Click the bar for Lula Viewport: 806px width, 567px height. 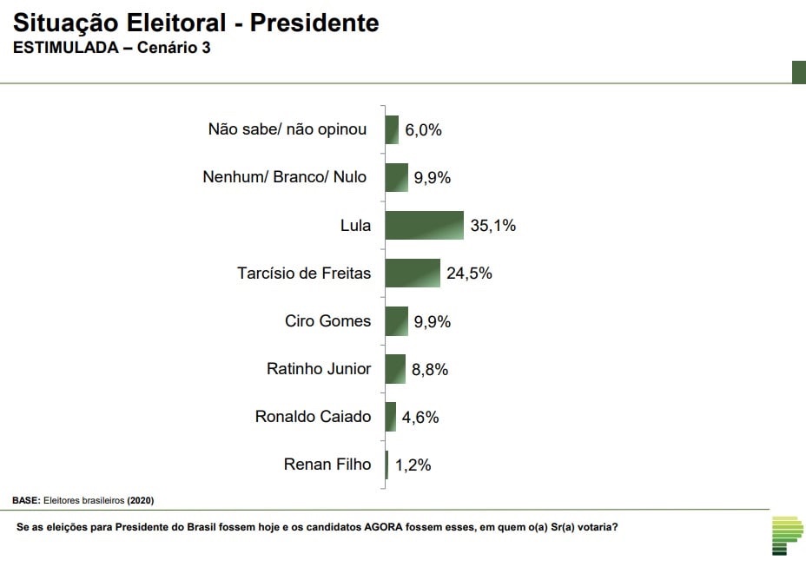pyautogui.click(x=425, y=225)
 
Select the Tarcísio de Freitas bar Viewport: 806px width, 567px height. pyautogui.click(x=413, y=273)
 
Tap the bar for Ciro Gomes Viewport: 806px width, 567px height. pyautogui.click(x=397, y=321)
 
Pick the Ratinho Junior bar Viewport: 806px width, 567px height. pyautogui.click(x=395, y=369)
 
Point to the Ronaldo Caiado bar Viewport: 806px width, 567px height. pyautogui.click(x=391, y=417)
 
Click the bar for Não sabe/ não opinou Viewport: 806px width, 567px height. pyautogui.click(x=392, y=129)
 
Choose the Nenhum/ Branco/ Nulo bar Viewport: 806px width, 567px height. pyautogui.click(x=397, y=177)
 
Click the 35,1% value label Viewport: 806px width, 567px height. pyautogui.click(x=493, y=225)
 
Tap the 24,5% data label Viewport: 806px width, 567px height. pyautogui.click(x=469, y=273)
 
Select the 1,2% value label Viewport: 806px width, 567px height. pyautogui.click(x=413, y=465)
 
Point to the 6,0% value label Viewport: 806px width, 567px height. pyautogui.click(x=423, y=129)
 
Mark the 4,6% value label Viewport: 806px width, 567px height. pyautogui.click(x=420, y=417)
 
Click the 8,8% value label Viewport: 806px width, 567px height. pyautogui.click(x=430, y=369)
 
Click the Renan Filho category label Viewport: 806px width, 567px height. pyautogui.click(x=327, y=465)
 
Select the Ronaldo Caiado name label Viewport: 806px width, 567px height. pyautogui.click(x=313, y=417)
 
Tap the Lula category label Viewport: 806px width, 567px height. pyautogui.click(x=355, y=225)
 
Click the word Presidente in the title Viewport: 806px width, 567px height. pyautogui.click(x=314, y=23)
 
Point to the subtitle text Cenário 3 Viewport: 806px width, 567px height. pyautogui.click(x=174, y=47)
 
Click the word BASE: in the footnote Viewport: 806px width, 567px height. pyautogui.click(x=26, y=500)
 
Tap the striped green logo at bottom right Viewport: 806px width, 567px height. pyautogui.click(x=787, y=536)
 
